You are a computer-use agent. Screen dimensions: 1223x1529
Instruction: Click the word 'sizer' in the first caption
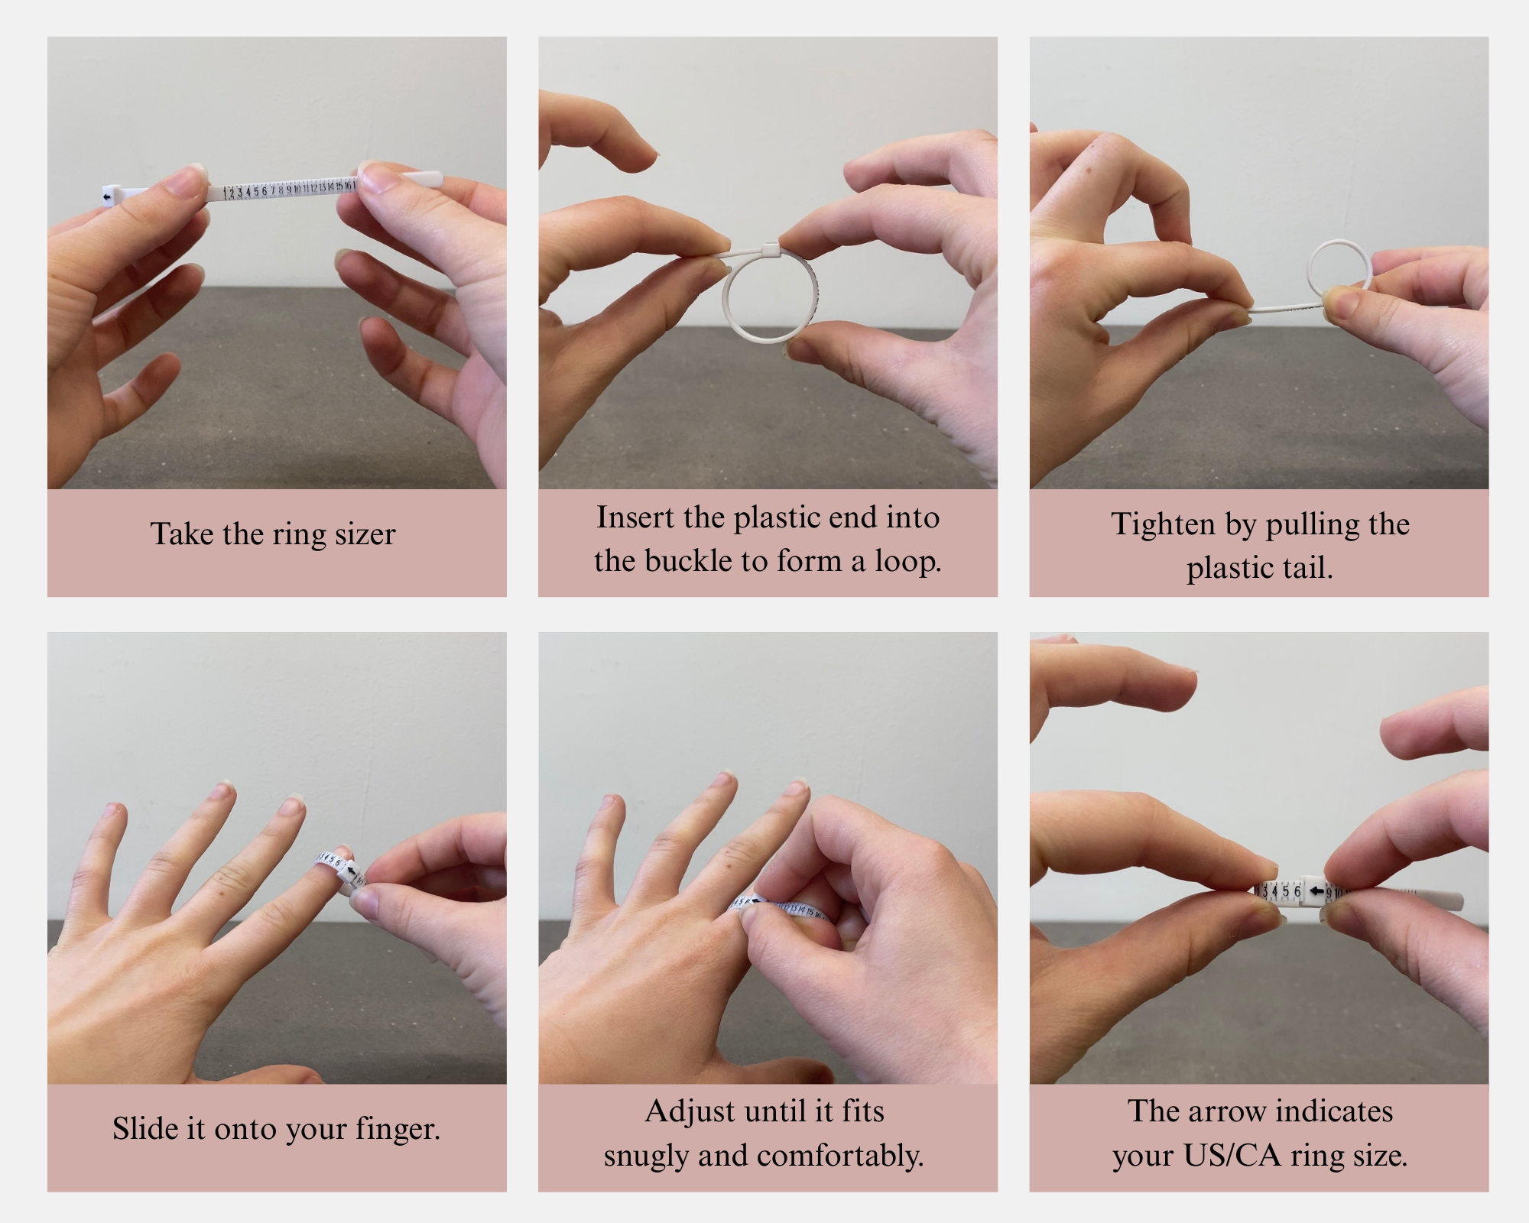(x=365, y=534)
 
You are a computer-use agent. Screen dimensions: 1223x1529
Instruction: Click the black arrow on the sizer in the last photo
(x=1316, y=891)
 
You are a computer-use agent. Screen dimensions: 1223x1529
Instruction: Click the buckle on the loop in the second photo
(x=770, y=250)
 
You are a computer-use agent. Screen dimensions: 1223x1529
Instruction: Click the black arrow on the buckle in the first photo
(x=107, y=197)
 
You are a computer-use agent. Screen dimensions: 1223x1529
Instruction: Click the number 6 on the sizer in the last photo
(x=1297, y=891)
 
